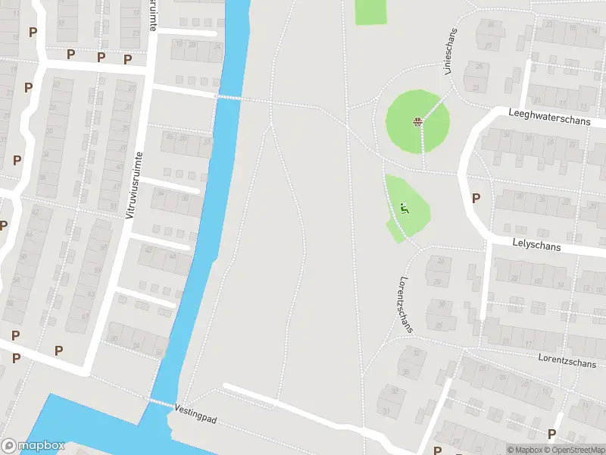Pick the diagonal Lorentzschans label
click(407, 303)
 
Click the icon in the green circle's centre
click(417, 121)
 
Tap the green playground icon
click(404, 207)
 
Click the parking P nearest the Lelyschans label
click(476, 199)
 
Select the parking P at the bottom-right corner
click(551, 435)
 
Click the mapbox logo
click(33, 446)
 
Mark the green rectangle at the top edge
click(370, 11)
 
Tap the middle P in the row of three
click(101, 57)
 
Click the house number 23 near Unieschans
click(476, 87)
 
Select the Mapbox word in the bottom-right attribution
click(529, 450)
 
